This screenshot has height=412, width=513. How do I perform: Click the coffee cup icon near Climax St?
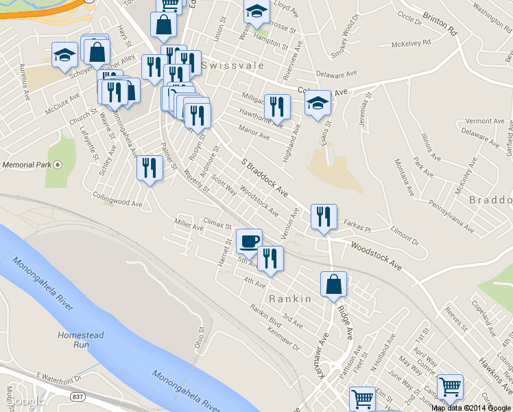[249, 240]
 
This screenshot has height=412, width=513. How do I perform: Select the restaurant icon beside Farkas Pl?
[324, 216]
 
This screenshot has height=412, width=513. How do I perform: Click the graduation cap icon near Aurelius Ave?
[64, 55]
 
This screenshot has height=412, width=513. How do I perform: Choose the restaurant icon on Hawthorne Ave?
[277, 106]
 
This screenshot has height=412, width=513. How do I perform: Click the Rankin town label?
[290, 299]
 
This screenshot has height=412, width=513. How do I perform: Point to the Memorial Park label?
[27, 165]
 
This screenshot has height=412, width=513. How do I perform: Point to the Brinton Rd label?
[440, 23]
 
